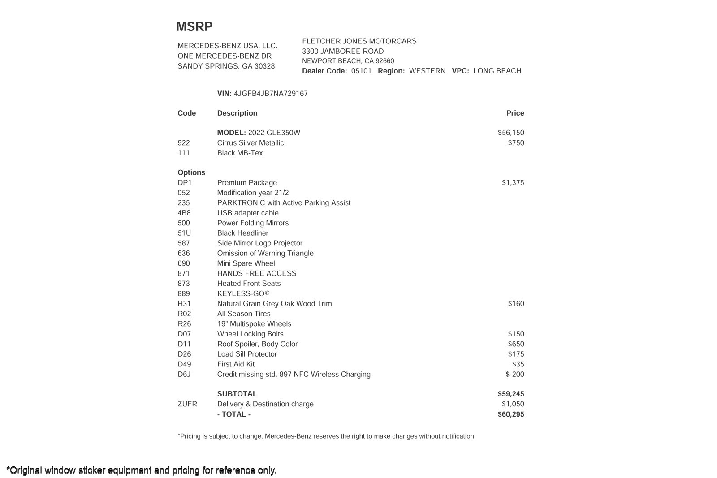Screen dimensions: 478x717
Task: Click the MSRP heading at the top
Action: point(194,27)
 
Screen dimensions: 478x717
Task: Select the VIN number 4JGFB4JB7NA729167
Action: point(271,94)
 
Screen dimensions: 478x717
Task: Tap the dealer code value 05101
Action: point(361,71)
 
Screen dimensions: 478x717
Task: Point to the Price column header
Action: point(515,113)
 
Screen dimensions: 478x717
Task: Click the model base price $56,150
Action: point(511,133)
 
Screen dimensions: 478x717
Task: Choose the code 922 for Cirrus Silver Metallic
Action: point(184,143)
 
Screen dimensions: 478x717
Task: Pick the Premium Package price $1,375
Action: point(513,183)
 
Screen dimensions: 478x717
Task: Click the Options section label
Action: point(191,172)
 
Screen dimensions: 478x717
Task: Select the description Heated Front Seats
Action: point(249,284)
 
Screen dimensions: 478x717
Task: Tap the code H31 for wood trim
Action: point(184,304)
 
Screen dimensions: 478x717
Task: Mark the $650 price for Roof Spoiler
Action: point(516,344)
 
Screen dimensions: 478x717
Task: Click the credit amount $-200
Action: point(514,375)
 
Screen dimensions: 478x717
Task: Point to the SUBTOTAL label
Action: point(237,394)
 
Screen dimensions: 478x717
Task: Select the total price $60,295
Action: point(511,414)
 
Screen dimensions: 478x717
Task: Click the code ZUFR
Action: point(187,404)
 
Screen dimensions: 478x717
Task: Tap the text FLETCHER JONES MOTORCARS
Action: point(359,41)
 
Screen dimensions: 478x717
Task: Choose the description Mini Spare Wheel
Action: point(246,263)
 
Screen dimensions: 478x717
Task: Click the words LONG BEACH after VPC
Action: point(497,71)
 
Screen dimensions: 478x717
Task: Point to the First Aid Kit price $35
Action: point(518,364)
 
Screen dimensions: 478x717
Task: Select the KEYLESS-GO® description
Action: point(243,294)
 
